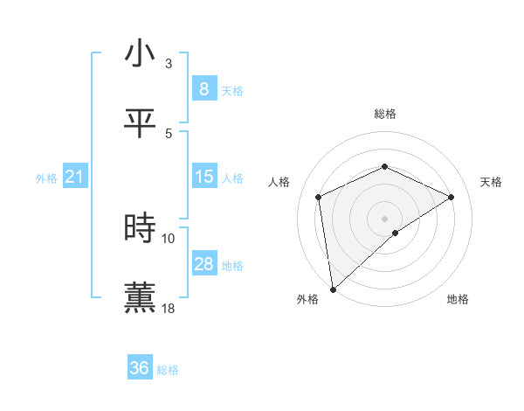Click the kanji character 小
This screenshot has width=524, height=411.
pos(140,54)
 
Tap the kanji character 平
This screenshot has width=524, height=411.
pos(140,123)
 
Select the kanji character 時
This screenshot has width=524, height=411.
pos(140,228)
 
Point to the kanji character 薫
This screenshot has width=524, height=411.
pos(140,297)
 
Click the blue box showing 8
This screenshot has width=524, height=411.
pos(203,89)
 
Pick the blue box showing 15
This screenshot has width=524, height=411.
pos(203,177)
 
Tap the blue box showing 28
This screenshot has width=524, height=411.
pos(203,264)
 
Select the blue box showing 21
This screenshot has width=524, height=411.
pos(74,178)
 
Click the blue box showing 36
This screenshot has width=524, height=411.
pos(139,368)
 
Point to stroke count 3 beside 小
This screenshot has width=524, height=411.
pos(169,64)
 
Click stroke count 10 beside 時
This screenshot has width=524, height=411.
pos(169,238)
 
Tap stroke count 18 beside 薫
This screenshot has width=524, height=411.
pos(169,308)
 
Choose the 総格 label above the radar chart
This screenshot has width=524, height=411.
pos(384,114)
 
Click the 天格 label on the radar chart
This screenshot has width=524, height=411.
pos(491,182)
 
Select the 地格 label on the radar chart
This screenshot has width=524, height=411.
pos(458,299)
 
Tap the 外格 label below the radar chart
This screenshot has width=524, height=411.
pos(307,299)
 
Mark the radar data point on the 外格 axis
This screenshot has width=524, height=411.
pos(333,289)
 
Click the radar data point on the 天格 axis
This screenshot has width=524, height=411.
pos(452,197)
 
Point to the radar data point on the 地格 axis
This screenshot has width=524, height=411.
pos(396,233)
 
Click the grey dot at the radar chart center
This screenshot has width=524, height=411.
pos(384,218)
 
